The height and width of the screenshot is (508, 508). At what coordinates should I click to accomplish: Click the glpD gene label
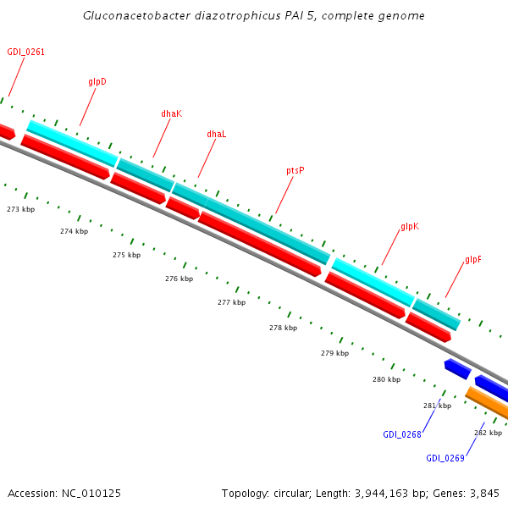tap(97, 82)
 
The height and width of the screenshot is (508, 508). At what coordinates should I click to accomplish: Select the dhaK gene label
tap(171, 113)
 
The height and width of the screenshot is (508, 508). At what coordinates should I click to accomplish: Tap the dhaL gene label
tap(217, 134)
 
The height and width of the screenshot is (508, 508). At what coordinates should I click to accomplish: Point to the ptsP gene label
tap(295, 170)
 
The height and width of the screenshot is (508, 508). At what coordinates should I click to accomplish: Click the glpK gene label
tap(409, 228)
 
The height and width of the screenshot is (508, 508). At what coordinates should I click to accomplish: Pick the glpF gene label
tap(473, 260)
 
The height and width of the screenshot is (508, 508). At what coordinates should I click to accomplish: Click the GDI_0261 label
tap(25, 52)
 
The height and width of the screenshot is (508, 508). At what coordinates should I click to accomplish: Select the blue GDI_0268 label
tap(401, 434)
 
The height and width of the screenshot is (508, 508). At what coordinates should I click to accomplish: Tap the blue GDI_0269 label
tap(444, 458)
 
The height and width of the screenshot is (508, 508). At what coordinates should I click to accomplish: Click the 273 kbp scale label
tap(21, 209)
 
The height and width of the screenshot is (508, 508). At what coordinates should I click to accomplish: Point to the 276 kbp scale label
tap(179, 279)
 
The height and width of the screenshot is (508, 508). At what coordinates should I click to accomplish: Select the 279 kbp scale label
tap(334, 353)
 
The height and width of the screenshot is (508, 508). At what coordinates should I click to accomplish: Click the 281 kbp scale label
tap(437, 406)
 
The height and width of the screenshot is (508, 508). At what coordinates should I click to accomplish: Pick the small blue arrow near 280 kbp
tap(457, 368)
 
